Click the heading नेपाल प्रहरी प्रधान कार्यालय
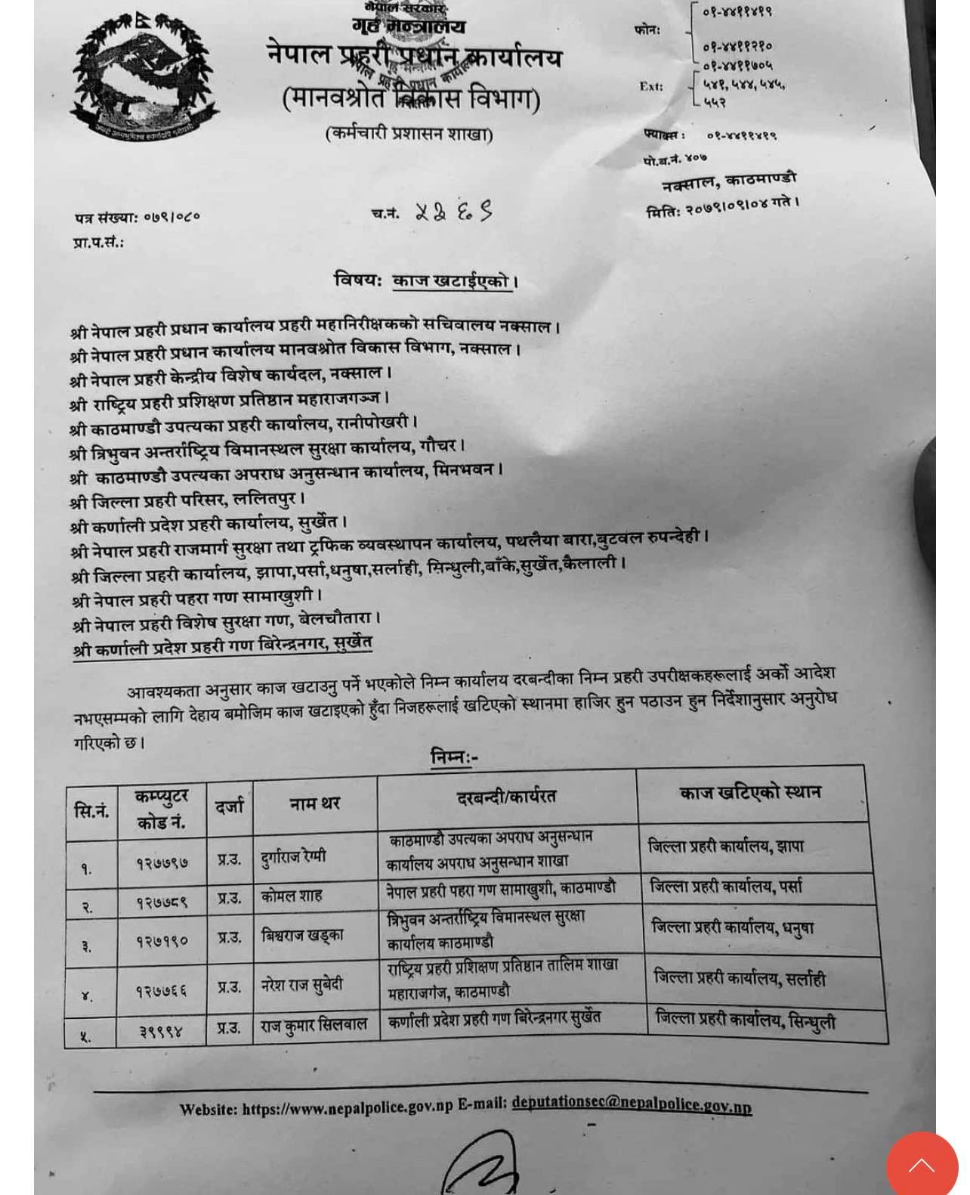414,57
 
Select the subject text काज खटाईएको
452,281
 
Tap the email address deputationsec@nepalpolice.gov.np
631,1104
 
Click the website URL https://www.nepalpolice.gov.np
347,1108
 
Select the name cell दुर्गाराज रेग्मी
294,856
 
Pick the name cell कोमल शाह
292,896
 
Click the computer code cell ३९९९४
161,1029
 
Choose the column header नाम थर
314,804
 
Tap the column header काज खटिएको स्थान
749,793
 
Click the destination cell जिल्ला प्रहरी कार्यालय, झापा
725,847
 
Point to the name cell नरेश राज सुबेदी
302,985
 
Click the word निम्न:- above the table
453,757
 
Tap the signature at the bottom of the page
483,1164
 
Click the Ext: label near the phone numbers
651,86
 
